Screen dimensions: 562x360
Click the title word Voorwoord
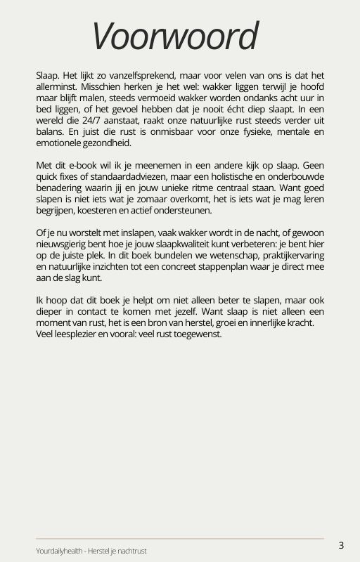click(x=175, y=37)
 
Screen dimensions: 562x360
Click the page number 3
click(x=342, y=545)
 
